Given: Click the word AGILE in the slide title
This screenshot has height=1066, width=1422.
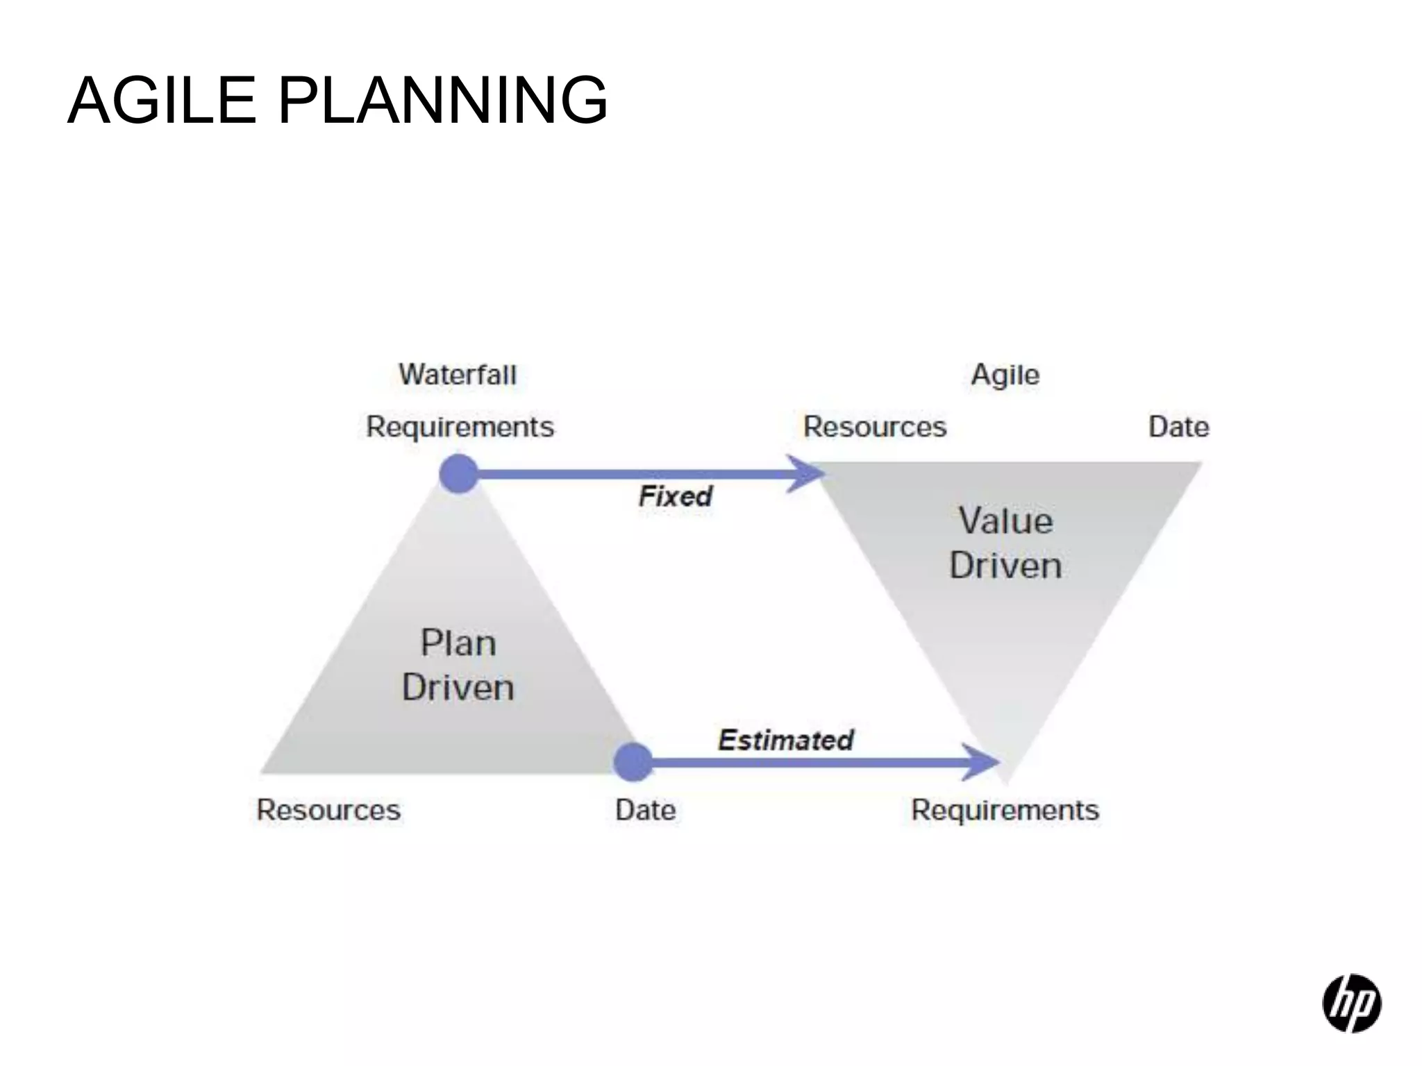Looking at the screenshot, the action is point(162,101).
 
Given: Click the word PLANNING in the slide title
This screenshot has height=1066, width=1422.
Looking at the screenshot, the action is point(443,101).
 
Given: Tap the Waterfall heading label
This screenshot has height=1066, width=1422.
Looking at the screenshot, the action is point(458,375).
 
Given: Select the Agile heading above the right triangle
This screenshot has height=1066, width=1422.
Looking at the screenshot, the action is point(1005,375).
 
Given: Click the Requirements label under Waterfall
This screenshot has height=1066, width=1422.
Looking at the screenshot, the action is point(460,427).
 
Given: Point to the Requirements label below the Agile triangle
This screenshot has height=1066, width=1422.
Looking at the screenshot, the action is point(1005,810).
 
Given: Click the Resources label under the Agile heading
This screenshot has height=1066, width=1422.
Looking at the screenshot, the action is point(875,427).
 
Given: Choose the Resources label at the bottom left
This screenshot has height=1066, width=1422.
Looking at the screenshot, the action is point(328,810).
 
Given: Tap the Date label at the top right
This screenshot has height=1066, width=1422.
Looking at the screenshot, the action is point(1178,427).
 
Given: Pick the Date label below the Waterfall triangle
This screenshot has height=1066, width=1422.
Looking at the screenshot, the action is point(645,810).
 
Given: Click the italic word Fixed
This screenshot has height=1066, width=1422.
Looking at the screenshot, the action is point(676,496).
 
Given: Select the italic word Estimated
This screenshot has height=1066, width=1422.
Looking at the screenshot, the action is point(785,740).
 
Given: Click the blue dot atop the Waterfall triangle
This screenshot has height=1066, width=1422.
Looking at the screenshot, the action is point(459,474).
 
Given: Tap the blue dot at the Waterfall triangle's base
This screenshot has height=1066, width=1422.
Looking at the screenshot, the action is point(633,762).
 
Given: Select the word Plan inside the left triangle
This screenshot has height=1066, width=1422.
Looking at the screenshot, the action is point(458,643).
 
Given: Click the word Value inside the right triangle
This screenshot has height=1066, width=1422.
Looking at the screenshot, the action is point(1005,521).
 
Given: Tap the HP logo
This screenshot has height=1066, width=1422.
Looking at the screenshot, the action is point(1351,1003).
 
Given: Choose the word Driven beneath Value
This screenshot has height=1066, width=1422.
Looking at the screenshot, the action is point(1005,566).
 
